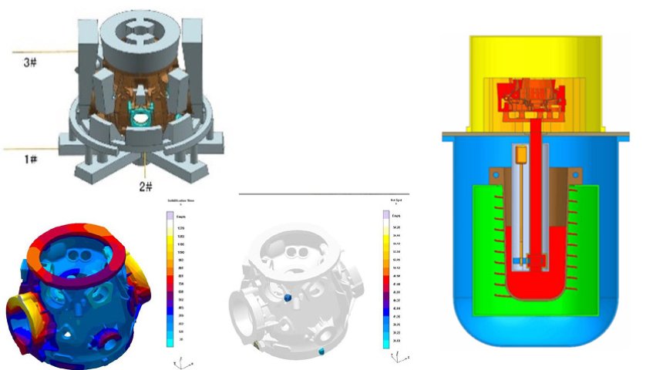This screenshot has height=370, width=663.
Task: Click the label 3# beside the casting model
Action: [x=29, y=62]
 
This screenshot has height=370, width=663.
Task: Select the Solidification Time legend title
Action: [x=179, y=201]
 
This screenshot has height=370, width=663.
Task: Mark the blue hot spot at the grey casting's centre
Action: [x=288, y=298]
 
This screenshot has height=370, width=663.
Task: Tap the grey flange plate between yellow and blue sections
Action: [x=535, y=136]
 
